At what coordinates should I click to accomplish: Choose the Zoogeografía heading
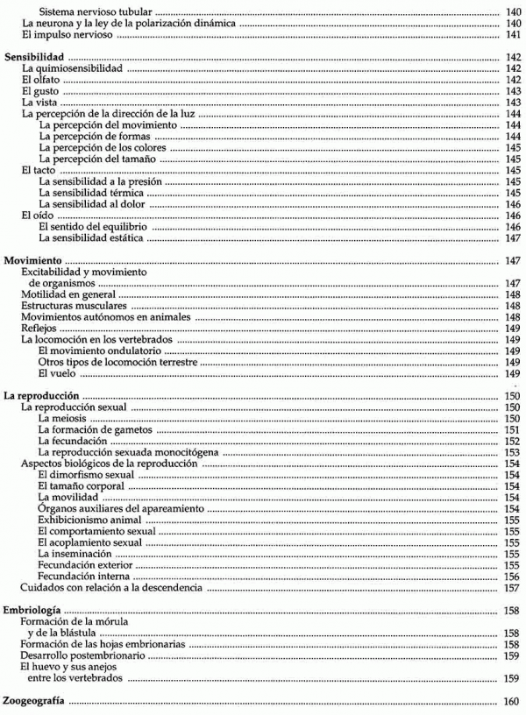tap(37, 701)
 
